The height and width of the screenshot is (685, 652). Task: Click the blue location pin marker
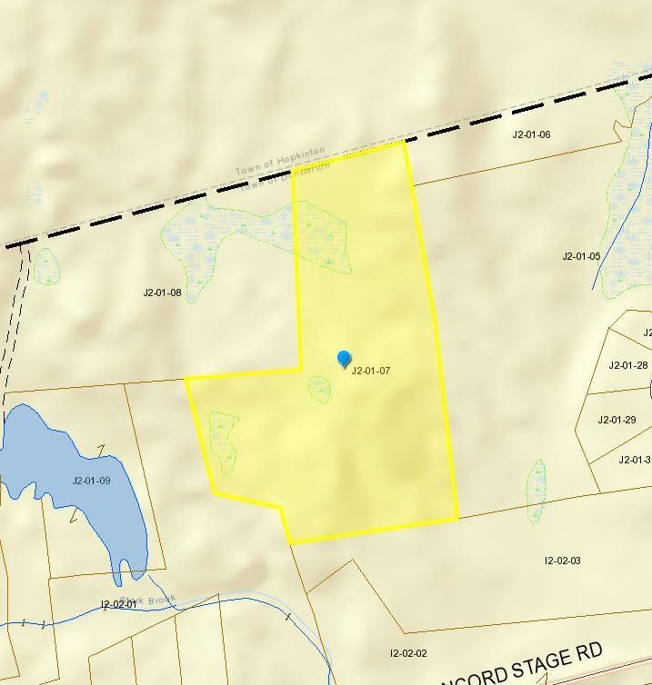[x=344, y=359]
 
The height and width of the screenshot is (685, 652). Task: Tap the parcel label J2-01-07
[x=370, y=371]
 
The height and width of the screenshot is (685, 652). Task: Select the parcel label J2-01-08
[x=162, y=293]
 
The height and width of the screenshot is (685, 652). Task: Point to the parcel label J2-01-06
[x=531, y=134]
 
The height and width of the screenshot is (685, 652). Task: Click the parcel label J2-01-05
[x=581, y=256]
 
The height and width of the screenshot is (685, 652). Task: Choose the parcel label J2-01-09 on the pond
[x=91, y=481]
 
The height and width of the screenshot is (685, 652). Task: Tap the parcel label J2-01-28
[x=627, y=365]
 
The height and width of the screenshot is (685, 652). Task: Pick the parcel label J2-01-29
[x=617, y=420]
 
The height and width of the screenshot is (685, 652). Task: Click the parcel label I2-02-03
[x=562, y=561]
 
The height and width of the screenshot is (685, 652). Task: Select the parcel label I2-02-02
[x=408, y=653]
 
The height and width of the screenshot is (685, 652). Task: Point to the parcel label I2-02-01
[x=119, y=603]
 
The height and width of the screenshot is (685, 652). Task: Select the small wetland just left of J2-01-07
[x=319, y=390]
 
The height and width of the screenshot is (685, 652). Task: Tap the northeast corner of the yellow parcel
[x=404, y=142]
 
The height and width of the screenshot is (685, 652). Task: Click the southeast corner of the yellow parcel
[x=457, y=520]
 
